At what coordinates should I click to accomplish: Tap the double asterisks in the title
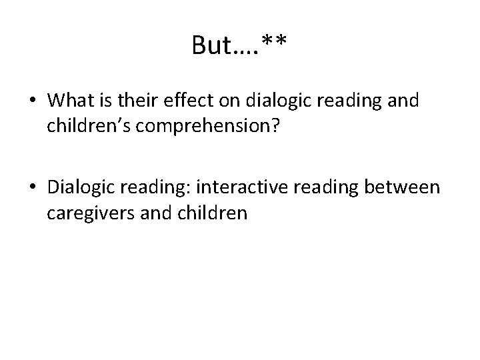coord(274,42)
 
